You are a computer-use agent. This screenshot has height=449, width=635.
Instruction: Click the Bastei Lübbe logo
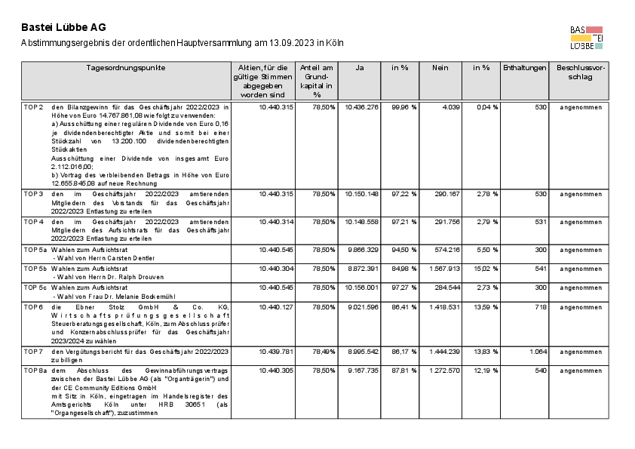pyautogui.click(x=587, y=37)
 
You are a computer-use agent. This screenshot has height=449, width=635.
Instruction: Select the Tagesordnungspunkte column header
pyautogui.click(x=126, y=68)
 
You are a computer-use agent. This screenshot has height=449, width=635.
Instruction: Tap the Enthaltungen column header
pyautogui.click(x=524, y=68)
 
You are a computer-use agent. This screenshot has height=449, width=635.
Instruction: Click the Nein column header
pyautogui.click(x=440, y=68)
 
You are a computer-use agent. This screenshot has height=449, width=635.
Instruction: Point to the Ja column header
pyautogui.click(x=360, y=68)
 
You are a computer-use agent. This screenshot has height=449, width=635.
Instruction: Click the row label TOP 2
pyautogui.click(x=33, y=108)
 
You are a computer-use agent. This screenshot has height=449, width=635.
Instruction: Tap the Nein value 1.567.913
pyautogui.click(x=443, y=269)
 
